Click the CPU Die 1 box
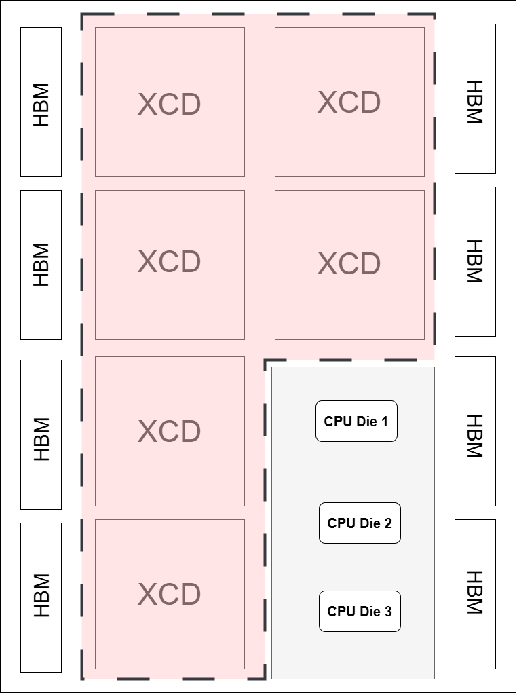[356, 421]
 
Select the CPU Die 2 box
[360, 523]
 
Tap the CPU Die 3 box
[360, 611]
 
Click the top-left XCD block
[170, 102]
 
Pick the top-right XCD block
[349, 102]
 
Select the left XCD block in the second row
[170, 265]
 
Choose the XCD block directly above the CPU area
[349, 265]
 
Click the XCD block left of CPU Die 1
[170, 431]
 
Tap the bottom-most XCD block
[170, 594]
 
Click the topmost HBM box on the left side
[41, 102]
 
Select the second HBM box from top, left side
[41, 265]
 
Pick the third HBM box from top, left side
[41, 434]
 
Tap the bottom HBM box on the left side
[41, 597]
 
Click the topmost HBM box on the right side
[475, 98]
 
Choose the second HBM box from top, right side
[475, 261]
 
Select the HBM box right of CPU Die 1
[475, 431]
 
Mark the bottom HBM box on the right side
[475, 594]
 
